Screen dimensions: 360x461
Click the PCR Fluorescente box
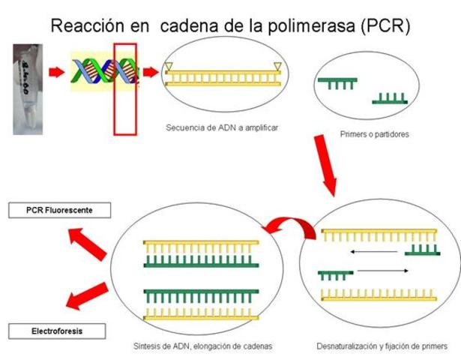pyautogui.click(x=59, y=211)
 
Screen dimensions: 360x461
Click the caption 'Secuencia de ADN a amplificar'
pyautogui.click(x=222, y=127)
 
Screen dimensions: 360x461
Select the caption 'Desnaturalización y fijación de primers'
pyautogui.click(x=382, y=347)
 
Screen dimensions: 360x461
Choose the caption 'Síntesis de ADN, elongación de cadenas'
pyautogui.click(x=199, y=347)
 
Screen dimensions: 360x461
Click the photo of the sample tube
pyautogui.click(x=28, y=88)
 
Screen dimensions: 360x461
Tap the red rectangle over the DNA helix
pyautogui.click(x=124, y=89)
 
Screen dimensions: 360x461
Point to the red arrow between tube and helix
pyautogui.click(x=57, y=73)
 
